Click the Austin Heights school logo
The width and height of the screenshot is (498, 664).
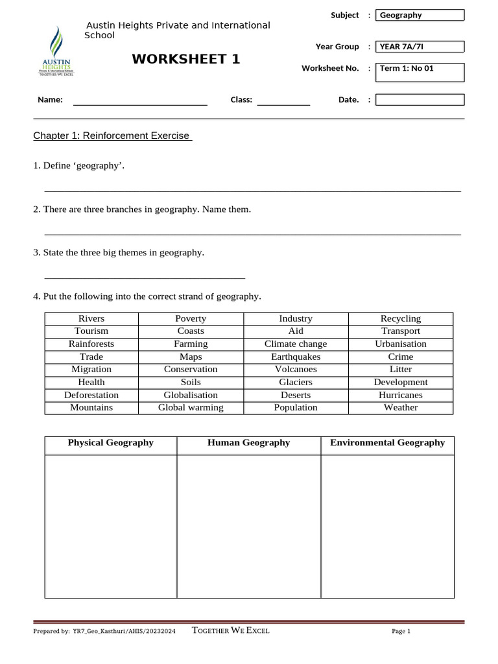pyautogui.click(x=58, y=51)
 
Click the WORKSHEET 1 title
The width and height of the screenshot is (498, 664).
pyautogui.click(x=186, y=60)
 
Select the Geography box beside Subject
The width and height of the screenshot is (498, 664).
pyautogui.click(x=420, y=15)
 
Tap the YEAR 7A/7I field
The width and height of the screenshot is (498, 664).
pyautogui.click(x=420, y=47)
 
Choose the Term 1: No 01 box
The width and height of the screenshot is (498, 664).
pyautogui.click(x=420, y=72)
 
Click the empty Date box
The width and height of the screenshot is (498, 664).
pyautogui.click(x=420, y=100)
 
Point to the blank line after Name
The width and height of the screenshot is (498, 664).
pyautogui.click(x=139, y=101)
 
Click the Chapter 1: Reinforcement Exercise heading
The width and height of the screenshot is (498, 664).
pyautogui.click(x=113, y=136)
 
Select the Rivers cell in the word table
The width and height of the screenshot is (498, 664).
pyautogui.click(x=91, y=318)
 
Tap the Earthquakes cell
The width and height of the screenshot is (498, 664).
pyautogui.click(x=296, y=357)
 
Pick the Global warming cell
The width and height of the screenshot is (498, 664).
pyautogui.click(x=191, y=408)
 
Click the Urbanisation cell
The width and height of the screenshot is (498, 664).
pyautogui.click(x=401, y=344)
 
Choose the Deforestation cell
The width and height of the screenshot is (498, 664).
pyautogui.click(x=91, y=395)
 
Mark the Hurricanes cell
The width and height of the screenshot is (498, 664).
pyautogui.click(x=401, y=395)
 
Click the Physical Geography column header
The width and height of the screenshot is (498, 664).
pyautogui.click(x=111, y=443)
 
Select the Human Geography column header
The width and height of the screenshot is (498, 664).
pyautogui.click(x=248, y=443)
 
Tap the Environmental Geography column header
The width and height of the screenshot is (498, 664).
pyautogui.click(x=388, y=443)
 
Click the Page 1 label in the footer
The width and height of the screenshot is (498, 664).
pyautogui.click(x=401, y=632)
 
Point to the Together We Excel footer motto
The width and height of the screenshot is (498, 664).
pyautogui.click(x=231, y=631)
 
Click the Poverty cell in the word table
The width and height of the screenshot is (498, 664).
pyautogui.click(x=191, y=318)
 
